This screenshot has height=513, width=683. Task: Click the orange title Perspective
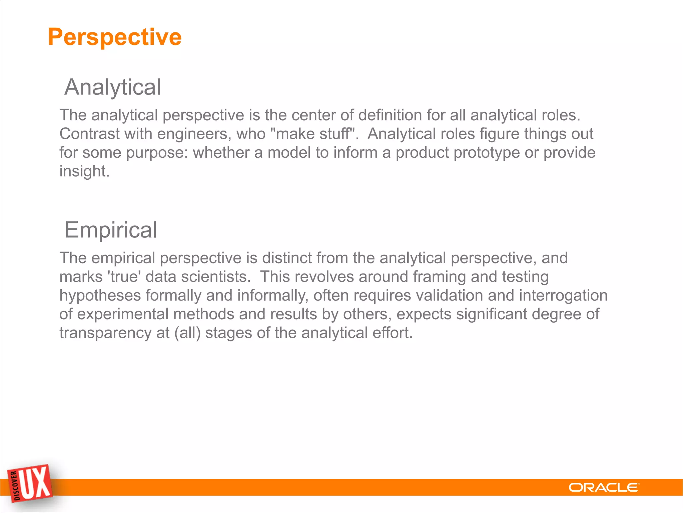[x=115, y=37]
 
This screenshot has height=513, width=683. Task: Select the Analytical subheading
[x=113, y=87]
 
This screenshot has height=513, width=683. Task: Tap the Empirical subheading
[x=111, y=230]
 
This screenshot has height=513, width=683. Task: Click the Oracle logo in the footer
[x=604, y=488]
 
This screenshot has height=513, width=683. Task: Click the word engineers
[x=194, y=134]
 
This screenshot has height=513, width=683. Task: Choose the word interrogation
[x=563, y=296]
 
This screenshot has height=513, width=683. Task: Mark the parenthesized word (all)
[x=188, y=333]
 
